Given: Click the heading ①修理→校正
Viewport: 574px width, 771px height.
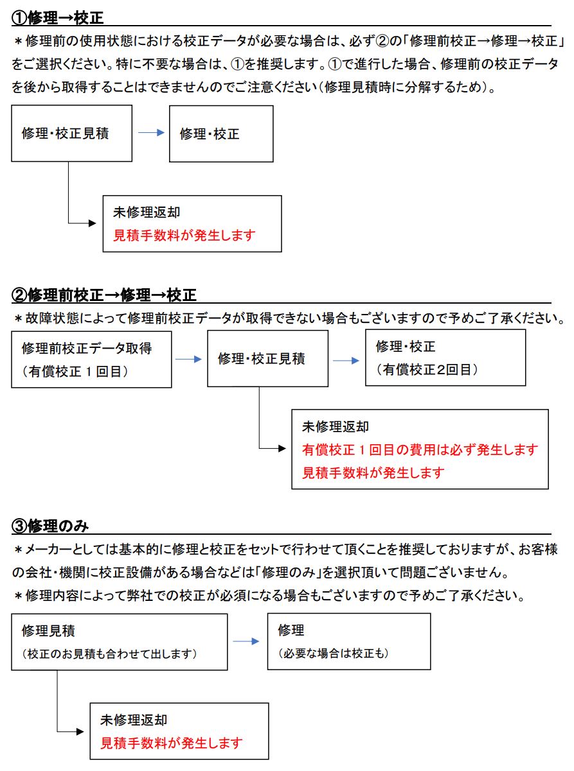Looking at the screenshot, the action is coord(57,18).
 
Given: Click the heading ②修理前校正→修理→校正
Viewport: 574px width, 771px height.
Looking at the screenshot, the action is coord(104,295).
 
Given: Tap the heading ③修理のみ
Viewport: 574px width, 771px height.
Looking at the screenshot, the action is coord(50,526).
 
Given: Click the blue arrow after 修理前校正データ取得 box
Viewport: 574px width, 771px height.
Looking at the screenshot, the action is coord(188,359).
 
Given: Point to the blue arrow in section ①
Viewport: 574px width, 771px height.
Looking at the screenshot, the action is coord(151,132).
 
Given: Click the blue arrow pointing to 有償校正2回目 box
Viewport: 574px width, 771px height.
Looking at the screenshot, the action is coord(346,361).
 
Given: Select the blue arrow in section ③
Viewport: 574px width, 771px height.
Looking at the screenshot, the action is coord(246,641).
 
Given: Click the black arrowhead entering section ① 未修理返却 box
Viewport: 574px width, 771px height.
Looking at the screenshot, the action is coord(93,223).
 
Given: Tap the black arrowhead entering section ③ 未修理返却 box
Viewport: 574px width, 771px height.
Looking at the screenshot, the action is coord(80,731).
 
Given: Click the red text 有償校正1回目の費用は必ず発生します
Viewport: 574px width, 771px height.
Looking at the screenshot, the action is coord(420,450).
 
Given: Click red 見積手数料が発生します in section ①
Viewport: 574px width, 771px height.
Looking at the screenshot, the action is coord(184,236).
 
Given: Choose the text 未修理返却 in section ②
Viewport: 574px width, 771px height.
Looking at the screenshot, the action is coord(336,426).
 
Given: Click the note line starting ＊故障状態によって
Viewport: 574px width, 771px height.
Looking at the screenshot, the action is coord(289,318).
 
